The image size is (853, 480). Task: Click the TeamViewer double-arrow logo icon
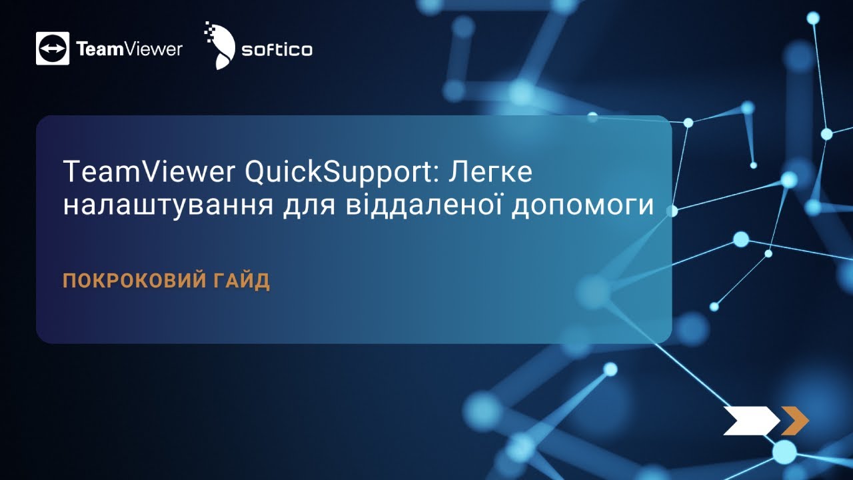coord(53,49)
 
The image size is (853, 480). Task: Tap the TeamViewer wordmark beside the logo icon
coord(129,49)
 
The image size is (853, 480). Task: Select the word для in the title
coord(313,206)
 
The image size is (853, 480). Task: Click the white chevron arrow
coord(750,420)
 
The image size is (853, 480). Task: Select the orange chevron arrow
coord(795,420)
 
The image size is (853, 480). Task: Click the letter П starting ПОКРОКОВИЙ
coord(69,281)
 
